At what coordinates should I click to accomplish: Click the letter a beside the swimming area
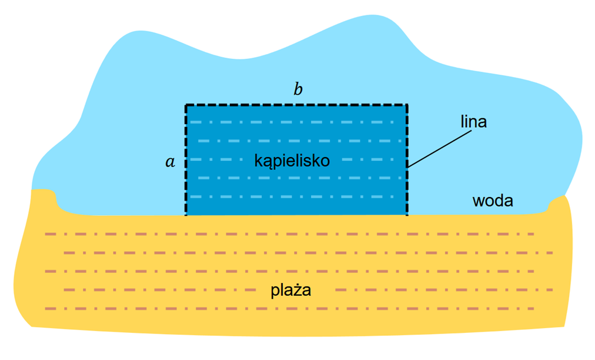[171, 162]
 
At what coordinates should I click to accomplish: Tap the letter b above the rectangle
[298, 89]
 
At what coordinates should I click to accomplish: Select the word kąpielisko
[292, 161]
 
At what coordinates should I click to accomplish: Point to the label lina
[473, 122]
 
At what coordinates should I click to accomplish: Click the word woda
[493, 201]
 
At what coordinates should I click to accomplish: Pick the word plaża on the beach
[291, 291]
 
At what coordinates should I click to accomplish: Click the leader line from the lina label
[440, 149]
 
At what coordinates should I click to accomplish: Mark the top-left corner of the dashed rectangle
[186, 105]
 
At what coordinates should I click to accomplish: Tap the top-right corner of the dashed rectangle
[407, 105]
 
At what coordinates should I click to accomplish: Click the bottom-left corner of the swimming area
[186, 215]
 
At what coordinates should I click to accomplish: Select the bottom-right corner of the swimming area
[407, 215]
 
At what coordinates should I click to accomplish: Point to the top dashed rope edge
[296, 105]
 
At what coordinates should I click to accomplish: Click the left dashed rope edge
[186, 160]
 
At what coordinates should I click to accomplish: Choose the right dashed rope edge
[407, 160]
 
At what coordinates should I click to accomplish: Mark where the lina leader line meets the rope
[407, 167]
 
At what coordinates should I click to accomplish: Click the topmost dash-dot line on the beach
[289, 234]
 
